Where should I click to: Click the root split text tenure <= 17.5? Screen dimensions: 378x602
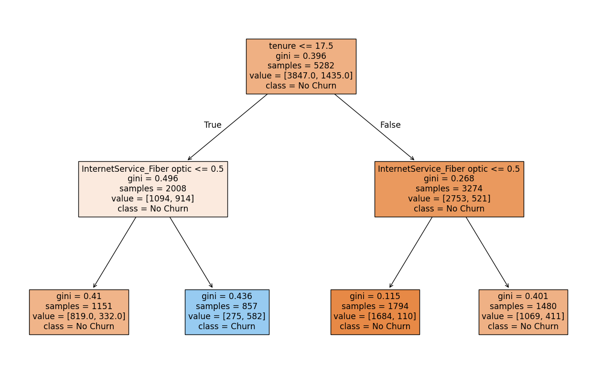(x=301, y=46)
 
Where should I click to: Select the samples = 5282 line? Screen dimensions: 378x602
(x=301, y=66)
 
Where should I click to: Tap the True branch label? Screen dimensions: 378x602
(x=213, y=125)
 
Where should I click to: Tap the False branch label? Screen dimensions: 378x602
(x=390, y=125)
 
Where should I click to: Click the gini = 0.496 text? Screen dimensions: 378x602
(x=153, y=178)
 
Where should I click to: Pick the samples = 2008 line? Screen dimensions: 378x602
(x=153, y=189)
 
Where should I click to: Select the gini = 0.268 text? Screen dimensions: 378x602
(x=449, y=178)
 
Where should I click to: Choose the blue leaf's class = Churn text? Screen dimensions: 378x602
(x=227, y=326)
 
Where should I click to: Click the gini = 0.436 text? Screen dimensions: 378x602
(x=227, y=296)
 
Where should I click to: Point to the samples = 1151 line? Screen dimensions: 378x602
(x=79, y=306)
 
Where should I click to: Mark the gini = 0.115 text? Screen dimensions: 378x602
(x=375, y=296)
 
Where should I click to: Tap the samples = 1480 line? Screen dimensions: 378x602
(x=523, y=306)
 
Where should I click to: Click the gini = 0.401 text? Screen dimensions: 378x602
(x=523, y=296)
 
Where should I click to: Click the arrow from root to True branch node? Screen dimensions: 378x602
(x=227, y=127)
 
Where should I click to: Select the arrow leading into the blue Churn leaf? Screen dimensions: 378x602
(x=191, y=252)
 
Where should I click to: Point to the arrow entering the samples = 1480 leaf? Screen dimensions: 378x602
(x=487, y=252)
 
